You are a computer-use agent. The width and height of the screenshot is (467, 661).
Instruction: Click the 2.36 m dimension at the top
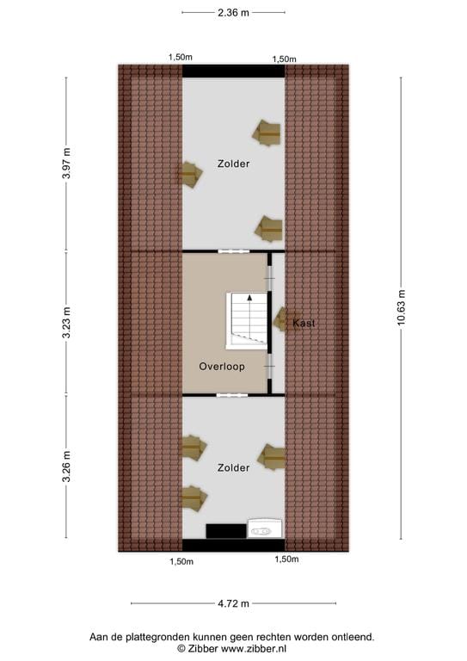[233, 13]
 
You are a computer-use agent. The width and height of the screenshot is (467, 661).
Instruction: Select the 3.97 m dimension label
[66, 164]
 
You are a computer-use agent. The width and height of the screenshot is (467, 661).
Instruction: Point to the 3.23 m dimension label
[66, 323]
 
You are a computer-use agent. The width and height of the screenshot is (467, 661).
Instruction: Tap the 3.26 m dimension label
[66, 466]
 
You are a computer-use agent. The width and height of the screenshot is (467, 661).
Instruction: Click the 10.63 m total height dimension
[401, 307]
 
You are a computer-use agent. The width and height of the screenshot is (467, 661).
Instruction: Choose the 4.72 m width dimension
[233, 603]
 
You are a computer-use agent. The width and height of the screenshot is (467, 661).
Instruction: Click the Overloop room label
[222, 367]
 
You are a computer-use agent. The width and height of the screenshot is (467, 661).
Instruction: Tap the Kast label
[304, 324]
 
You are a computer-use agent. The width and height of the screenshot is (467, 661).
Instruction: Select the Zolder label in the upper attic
[233, 164]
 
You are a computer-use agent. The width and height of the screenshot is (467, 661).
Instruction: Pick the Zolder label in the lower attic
[233, 467]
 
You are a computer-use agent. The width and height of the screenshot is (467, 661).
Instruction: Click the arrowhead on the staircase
[249, 298]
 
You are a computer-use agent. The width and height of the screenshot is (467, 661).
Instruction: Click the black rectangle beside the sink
[226, 531]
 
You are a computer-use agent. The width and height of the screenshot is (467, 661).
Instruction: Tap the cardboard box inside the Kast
[281, 319]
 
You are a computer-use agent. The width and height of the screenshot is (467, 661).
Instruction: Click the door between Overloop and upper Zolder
[234, 251]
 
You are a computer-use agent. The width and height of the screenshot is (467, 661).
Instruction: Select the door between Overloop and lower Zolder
[232, 395]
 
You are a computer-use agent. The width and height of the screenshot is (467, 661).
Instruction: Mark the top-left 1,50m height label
[181, 58]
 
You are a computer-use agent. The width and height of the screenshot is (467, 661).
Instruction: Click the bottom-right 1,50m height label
[286, 559]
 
